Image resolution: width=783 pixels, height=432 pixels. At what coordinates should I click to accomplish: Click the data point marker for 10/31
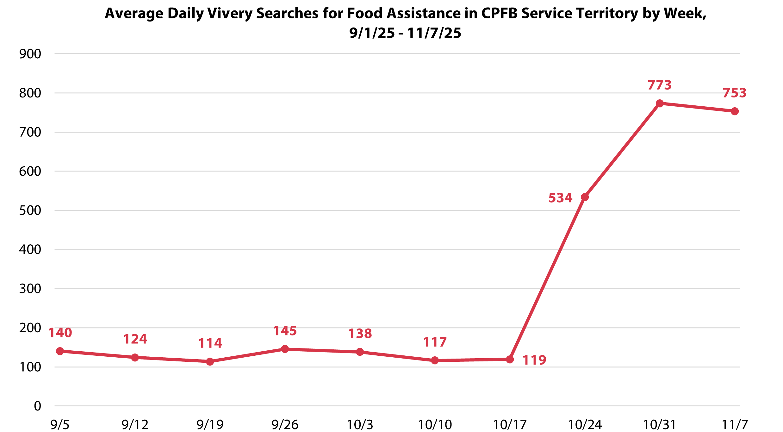pos(660,103)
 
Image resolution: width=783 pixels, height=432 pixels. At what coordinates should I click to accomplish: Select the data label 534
pos(560,198)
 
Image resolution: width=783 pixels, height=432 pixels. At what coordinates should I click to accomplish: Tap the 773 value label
pos(660,85)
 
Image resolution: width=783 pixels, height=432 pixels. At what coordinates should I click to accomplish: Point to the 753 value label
pos(735,93)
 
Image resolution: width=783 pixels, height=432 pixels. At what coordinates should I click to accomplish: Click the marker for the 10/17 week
pos(510,359)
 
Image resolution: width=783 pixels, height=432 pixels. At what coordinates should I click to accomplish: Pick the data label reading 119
pos(534,360)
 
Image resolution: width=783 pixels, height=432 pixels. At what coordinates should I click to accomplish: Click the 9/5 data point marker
pos(60,351)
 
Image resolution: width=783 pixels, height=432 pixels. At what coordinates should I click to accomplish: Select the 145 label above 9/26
pos(285,331)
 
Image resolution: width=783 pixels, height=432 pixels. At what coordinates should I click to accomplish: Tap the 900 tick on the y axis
pos(30,54)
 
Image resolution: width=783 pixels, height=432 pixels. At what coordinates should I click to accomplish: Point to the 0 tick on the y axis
pos(37,406)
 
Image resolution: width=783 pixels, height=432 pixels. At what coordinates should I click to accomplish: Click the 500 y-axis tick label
pos(30,210)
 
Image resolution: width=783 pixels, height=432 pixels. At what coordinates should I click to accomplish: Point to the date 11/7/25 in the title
pos(434,33)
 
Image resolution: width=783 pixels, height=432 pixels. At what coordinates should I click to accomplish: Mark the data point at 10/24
pos(585,197)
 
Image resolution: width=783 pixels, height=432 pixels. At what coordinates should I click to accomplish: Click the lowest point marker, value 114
pos(210,361)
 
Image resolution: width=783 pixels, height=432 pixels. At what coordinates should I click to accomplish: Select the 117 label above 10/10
pos(435,342)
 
